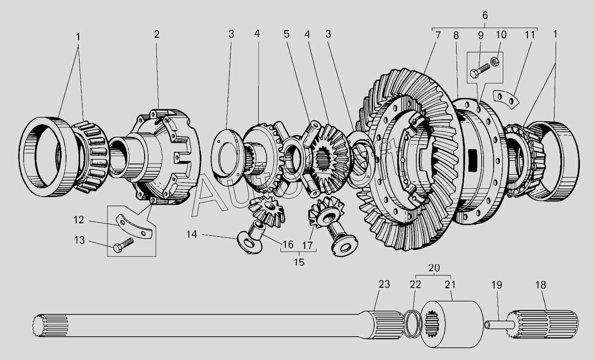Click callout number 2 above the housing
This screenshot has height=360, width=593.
(156, 34)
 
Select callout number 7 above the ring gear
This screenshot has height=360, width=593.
(438, 35)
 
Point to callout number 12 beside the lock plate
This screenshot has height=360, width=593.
(79, 220)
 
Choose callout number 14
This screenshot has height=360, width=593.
(192, 234)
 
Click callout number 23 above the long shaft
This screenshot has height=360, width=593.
(384, 285)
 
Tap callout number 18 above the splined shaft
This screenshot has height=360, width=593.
(540, 285)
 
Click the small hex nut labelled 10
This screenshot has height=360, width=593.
(495, 62)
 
